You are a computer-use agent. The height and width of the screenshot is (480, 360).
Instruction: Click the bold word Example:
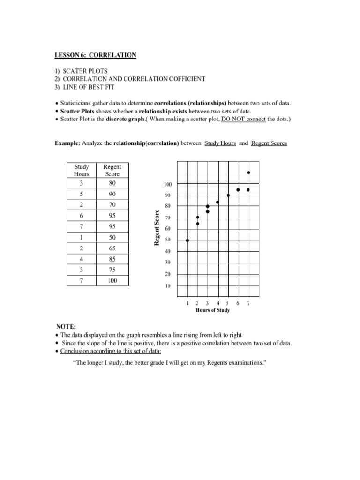point(68,143)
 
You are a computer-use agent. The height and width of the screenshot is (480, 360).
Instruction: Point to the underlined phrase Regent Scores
point(269,143)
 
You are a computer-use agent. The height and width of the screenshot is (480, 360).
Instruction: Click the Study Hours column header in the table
point(81,170)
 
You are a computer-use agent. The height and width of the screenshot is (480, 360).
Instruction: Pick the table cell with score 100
point(112,280)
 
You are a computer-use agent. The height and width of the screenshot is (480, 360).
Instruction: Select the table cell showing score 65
point(112,248)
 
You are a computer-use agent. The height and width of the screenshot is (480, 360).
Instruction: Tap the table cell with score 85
point(112,259)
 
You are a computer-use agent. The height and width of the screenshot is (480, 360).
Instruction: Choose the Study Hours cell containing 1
point(81,237)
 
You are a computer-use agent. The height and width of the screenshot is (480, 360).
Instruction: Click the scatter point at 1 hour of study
point(187,240)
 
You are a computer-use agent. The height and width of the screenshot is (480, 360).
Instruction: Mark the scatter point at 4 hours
point(218,202)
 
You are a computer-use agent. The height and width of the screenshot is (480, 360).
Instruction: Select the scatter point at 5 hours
point(228,195)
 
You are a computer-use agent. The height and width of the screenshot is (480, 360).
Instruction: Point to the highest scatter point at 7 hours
point(248,172)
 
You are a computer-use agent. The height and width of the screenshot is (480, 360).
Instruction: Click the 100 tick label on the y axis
point(167,185)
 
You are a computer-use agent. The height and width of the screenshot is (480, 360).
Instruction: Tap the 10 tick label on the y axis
point(167,285)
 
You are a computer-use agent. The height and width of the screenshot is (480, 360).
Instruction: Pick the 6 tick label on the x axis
point(238,303)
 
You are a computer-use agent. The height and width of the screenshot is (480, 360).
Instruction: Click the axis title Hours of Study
point(213,311)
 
